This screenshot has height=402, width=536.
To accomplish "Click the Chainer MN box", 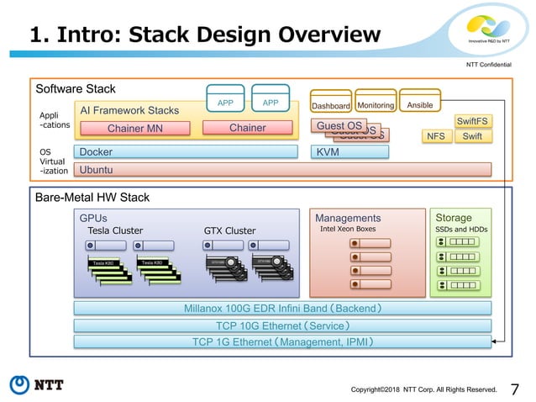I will point(135,129).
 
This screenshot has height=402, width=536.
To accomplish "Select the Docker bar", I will point(186,152).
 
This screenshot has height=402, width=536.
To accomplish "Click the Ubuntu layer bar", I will point(282,170).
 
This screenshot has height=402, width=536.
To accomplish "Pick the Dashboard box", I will point(331,106).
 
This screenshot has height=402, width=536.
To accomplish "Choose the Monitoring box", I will point(375,106).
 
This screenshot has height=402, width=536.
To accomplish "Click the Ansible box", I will point(419,106).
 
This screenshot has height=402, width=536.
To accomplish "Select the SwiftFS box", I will point(471,121).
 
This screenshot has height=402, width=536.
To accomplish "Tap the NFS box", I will point(436,135).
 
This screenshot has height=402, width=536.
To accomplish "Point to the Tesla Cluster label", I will point(116,230).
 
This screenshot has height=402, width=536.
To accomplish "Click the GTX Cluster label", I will point(229,230).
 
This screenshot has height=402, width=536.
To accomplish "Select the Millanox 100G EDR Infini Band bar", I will point(282,309).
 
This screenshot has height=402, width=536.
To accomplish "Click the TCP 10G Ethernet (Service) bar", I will point(282,325).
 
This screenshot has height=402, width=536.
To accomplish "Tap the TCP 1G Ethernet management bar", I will point(282,341).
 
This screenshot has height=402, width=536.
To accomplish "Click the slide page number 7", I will point(515,389).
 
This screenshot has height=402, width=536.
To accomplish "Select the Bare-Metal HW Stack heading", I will point(92,198).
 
